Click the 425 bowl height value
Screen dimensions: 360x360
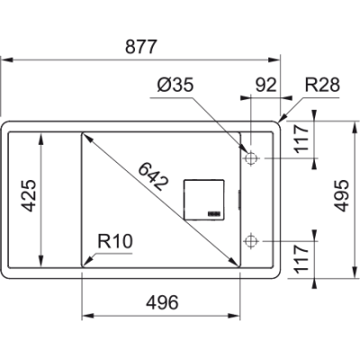tap(31, 196)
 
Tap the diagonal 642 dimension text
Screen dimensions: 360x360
tap(152, 174)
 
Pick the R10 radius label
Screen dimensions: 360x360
tap(115, 241)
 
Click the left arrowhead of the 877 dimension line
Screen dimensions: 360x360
tap(4, 59)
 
